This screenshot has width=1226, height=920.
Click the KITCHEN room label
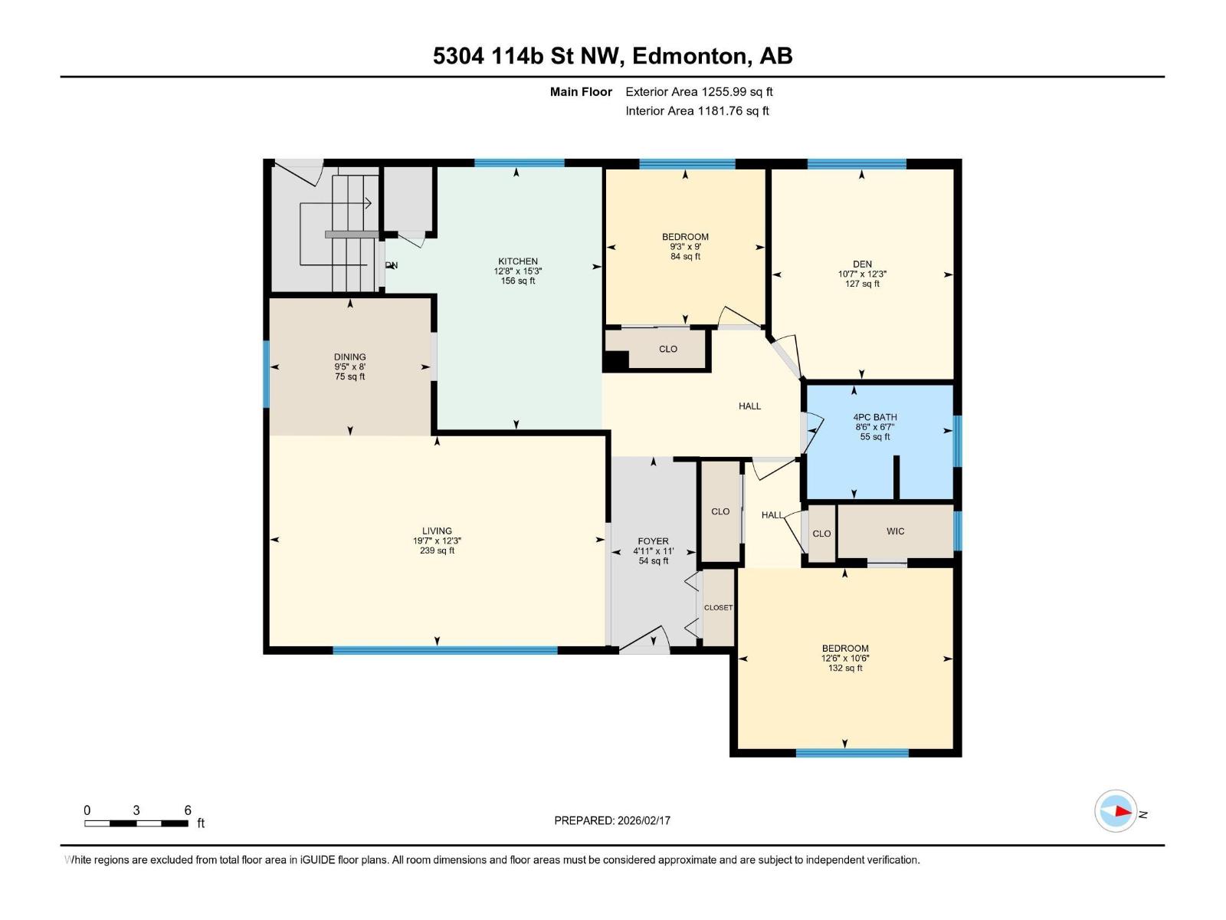pos(518,261)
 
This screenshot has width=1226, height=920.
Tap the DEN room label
pos(862,264)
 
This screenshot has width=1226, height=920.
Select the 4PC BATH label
pos(875,418)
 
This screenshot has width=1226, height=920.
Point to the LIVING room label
pos(437,531)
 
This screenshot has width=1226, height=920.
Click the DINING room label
pos(349,357)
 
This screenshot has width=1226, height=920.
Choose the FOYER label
pos(653,541)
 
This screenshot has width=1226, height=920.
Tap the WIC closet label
pos(895,531)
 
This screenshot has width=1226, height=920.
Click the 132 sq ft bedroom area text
pos(845,669)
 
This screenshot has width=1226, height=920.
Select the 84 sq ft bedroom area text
pos(685,257)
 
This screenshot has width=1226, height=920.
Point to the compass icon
pos(1116,811)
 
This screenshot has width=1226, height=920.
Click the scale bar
pos(136,823)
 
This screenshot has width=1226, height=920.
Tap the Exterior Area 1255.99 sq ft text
pos(699,92)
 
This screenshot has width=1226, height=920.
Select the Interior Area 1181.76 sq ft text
pos(697,111)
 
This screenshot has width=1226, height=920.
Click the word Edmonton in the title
pos(689,56)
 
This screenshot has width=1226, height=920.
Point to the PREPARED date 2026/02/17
pos(612,820)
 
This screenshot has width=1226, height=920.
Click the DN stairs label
pos(392,265)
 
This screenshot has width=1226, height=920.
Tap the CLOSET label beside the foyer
pos(718,607)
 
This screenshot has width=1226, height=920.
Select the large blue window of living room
pos(444,650)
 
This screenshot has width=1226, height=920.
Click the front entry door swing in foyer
pos(645,641)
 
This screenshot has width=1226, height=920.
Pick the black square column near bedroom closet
pos(615,360)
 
